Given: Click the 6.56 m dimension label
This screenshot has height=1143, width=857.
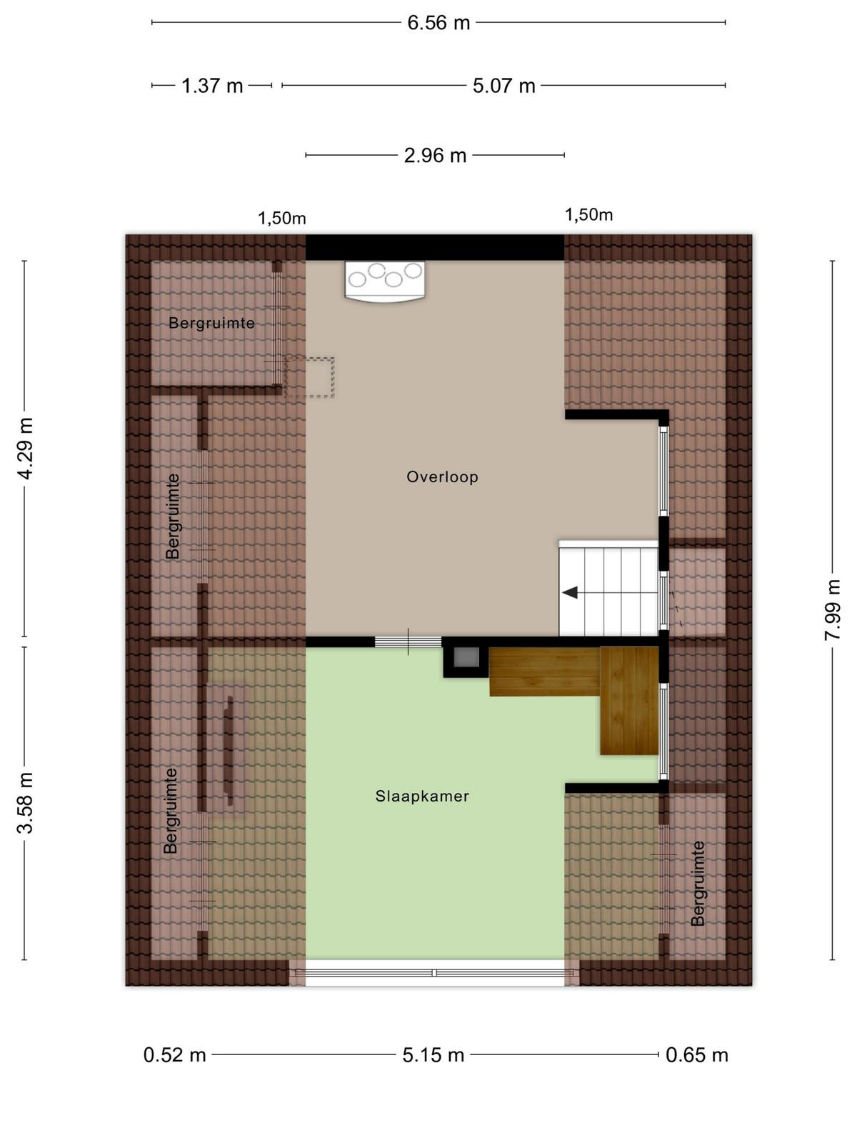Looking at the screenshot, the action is (438, 24).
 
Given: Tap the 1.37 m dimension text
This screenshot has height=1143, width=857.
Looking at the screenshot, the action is (212, 86).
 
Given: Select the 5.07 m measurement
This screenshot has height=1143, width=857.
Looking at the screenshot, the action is (503, 86).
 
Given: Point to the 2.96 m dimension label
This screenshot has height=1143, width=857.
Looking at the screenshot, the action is (435, 156).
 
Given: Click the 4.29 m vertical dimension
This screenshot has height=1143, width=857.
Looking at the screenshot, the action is (25, 448).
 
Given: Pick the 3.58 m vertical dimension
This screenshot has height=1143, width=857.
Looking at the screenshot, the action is (25, 803).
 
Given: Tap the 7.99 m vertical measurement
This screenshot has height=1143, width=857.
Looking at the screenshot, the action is (833, 610).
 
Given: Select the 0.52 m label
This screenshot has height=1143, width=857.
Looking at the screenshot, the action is (175, 1056).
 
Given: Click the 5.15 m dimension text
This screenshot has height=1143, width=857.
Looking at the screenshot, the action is (433, 1056).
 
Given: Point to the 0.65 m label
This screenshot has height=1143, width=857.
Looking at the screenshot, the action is (697, 1056).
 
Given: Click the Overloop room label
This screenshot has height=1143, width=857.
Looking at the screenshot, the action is (442, 477).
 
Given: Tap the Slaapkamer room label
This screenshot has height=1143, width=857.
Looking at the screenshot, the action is (422, 797).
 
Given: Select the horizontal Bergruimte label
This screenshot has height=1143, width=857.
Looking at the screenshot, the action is (212, 324).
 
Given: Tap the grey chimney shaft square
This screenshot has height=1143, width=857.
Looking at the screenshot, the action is (466, 657).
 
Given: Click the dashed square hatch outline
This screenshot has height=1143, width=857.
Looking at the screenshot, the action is (309, 377).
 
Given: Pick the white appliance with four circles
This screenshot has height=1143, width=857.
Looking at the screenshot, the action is (385, 281).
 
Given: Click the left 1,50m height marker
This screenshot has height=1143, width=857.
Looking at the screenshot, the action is (282, 219).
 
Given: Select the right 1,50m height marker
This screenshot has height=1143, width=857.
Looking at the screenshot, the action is (589, 214).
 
